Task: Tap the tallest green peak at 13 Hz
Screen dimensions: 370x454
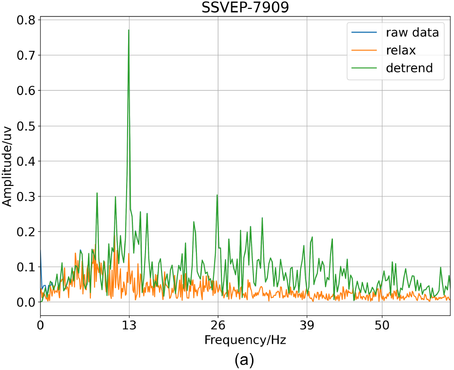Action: click(129, 31)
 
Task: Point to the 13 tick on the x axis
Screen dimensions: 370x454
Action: click(129, 325)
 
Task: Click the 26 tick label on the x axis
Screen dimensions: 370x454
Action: click(218, 325)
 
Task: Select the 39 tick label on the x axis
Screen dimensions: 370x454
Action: click(307, 325)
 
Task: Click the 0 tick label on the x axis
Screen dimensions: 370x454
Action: click(41, 325)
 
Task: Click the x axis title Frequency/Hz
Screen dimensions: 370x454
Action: click(245, 339)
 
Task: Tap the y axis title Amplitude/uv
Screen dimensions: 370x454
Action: click(8, 161)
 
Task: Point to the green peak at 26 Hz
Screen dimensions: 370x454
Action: click(217, 195)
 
